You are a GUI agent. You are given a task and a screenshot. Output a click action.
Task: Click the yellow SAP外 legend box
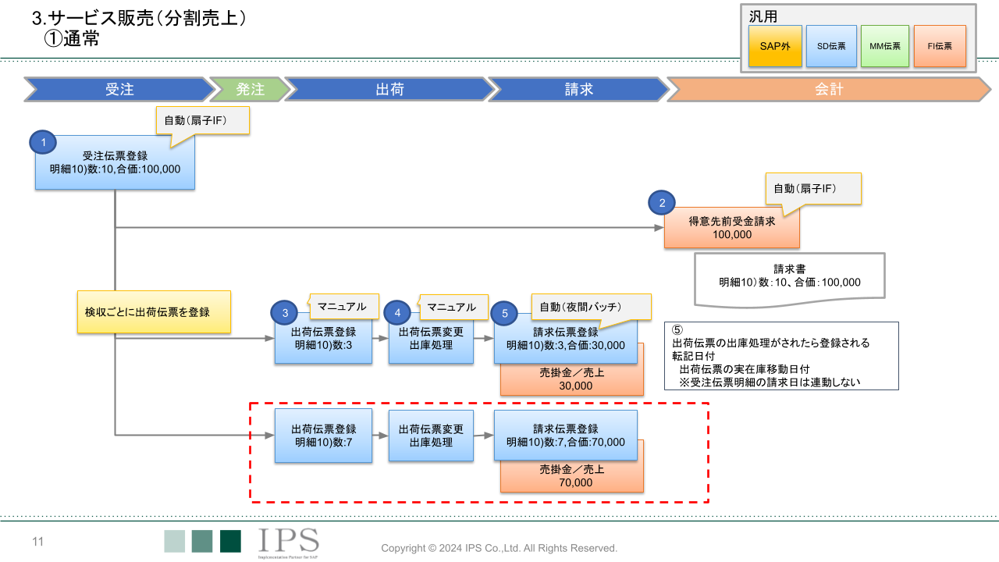pyautogui.click(x=775, y=46)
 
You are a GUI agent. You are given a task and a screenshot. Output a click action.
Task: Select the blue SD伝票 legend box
pyautogui.click(x=831, y=46)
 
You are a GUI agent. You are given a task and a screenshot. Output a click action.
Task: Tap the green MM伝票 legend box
pyautogui.click(x=885, y=46)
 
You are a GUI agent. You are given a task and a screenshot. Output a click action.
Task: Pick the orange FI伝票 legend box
pyautogui.click(x=940, y=46)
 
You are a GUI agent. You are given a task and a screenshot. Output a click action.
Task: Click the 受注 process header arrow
pyautogui.click(x=119, y=89)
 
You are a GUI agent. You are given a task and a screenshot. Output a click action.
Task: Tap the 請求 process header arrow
pyautogui.click(x=578, y=89)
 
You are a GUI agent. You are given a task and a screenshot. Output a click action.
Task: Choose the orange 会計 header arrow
pyautogui.click(x=829, y=89)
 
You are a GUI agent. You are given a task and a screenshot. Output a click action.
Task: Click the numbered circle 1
pyautogui.click(x=44, y=142)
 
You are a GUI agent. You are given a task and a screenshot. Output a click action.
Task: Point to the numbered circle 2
pyautogui.click(x=663, y=203)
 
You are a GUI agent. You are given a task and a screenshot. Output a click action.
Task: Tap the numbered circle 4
pyautogui.click(x=397, y=313)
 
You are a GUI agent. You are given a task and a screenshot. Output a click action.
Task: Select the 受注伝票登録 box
pyautogui.click(x=115, y=162)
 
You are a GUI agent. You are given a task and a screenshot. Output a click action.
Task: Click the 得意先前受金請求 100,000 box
pyautogui.click(x=732, y=228)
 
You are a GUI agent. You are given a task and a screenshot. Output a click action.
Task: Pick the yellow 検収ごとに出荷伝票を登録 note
pyautogui.click(x=154, y=312)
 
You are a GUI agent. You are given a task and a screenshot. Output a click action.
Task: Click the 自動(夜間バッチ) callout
pyautogui.click(x=591, y=306)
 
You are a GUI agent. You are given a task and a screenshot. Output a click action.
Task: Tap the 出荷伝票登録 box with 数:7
pyautogui.click(x=323, y=436)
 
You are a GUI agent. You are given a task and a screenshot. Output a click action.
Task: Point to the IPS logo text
pyautogui.click(x=288, y=539)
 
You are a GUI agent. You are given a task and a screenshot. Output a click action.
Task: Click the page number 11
pyautogui.click(x=37, y=542)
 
